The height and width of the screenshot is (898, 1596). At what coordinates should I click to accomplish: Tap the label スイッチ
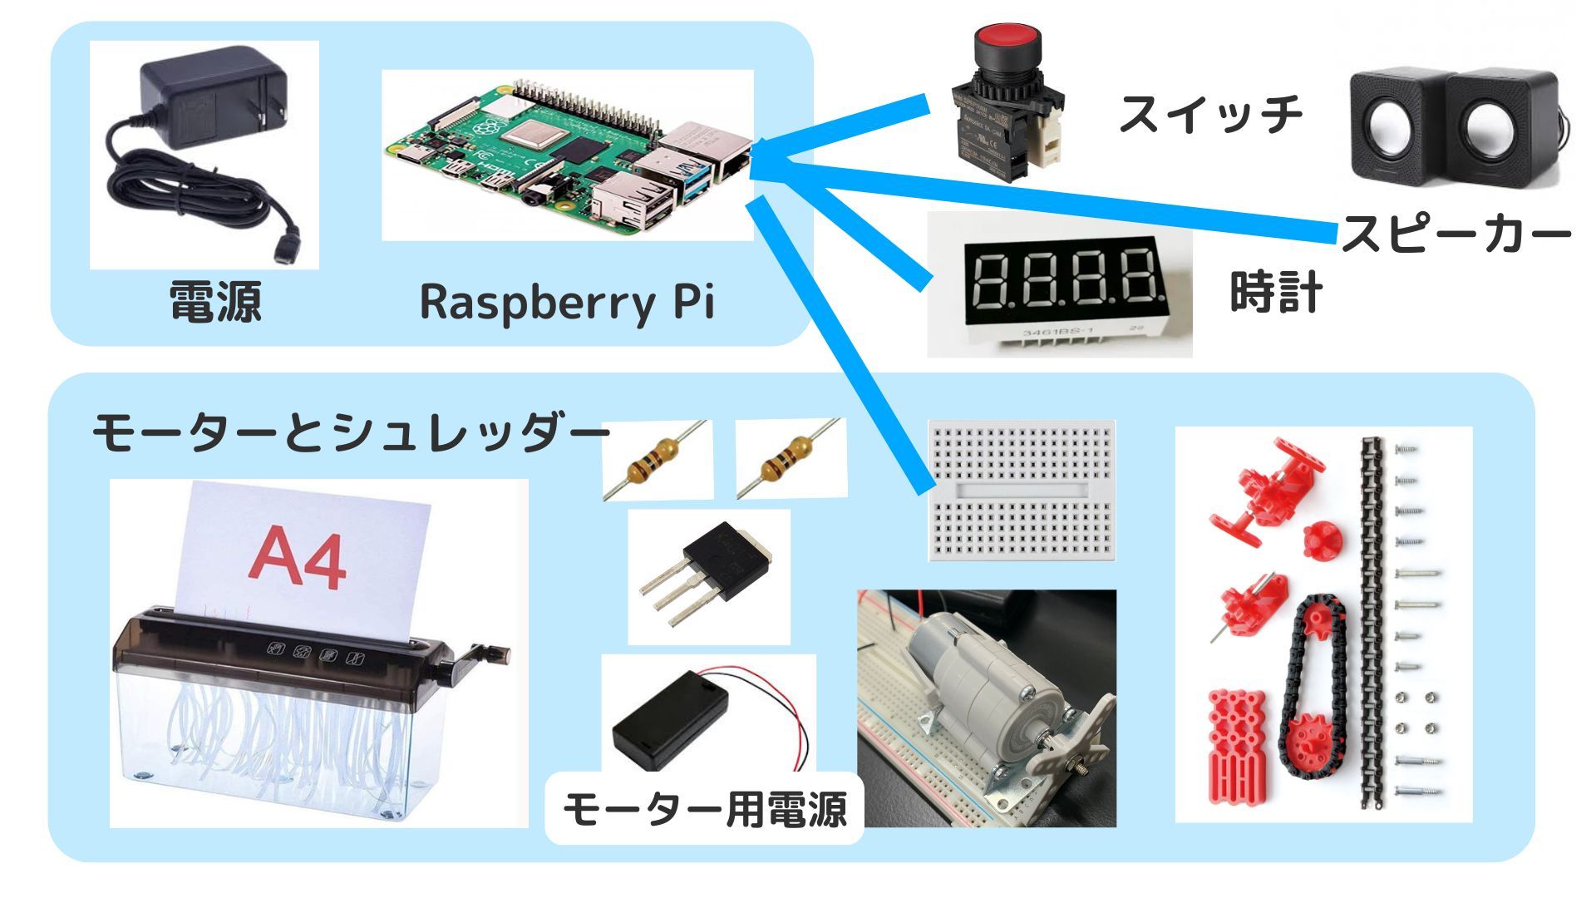click(1210, 114)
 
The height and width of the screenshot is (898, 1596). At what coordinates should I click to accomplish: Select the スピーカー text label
click(1456, 234)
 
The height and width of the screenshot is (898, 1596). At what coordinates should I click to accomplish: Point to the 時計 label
click(1276, 293)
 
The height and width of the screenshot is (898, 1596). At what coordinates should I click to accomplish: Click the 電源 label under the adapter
click(215, 301)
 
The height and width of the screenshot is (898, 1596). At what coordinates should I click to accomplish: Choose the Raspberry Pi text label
click(567, 301)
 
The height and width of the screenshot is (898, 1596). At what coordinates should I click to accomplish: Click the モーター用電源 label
click(705, 809)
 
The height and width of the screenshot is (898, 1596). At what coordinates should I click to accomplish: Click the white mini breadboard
click(1022, 491)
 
